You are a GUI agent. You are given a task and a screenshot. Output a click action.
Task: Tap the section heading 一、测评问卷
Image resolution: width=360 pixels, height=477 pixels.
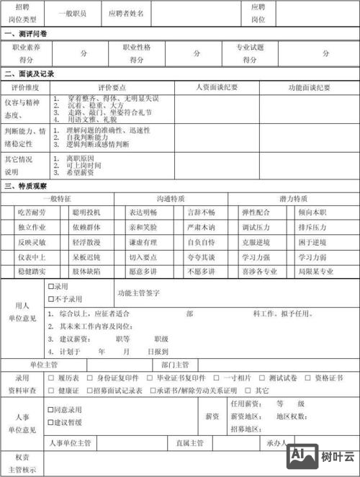click(26, 34)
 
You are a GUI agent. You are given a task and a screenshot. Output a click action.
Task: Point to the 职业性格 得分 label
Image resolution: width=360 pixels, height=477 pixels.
click(136, 53)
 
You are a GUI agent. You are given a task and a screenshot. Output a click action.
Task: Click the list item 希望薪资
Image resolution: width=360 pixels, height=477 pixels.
click(78, 172)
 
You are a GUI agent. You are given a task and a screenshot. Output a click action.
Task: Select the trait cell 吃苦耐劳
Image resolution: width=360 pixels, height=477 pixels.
click(32, 213)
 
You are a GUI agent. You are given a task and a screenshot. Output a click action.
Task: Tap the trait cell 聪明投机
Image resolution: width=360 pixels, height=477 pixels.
click(86, 213)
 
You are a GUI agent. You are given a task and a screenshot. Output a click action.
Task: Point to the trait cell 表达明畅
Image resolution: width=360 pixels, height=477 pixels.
click(143, 213)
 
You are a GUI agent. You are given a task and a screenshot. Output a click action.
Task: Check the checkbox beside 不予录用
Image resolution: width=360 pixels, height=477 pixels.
click(51, 298)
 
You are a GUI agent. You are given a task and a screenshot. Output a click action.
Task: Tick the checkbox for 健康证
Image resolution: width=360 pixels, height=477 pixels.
click(51, 390)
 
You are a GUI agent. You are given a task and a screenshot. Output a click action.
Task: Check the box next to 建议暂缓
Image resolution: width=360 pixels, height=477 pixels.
click(51, 422)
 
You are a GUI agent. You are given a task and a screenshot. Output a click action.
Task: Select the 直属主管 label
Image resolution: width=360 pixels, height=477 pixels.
click(189, 442)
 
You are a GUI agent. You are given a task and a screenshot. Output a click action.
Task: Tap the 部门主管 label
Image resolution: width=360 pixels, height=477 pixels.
click(175, 365)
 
